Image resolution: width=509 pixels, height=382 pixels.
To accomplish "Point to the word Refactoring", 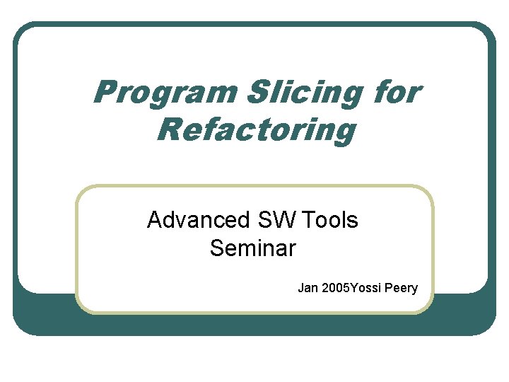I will [256, 131].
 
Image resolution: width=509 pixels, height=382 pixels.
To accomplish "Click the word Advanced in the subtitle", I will [193, 221].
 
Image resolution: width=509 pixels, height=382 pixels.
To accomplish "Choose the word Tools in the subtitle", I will [329, 221].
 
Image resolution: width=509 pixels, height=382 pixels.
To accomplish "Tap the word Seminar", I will [253, 248].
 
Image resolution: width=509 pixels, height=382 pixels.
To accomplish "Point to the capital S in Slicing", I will [258, 92].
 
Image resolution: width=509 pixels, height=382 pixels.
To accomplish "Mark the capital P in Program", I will [104, 92].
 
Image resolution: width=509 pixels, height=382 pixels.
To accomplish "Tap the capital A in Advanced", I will [154, 221].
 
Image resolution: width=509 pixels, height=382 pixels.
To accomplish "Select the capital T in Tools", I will [308, 221].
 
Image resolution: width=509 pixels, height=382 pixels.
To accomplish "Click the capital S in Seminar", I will [216, 248].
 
